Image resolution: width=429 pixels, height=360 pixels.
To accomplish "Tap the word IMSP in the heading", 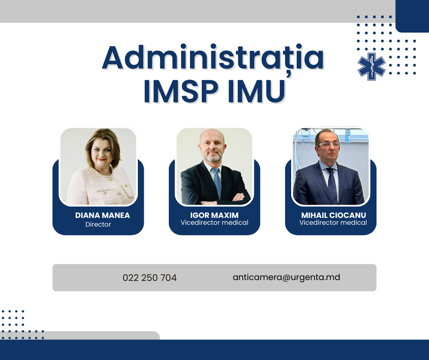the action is [x=181, y=91].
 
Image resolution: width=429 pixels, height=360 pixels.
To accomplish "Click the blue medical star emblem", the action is [x=371, y=67].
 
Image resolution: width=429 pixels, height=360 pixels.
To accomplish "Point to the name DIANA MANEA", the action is [x=102, y=215].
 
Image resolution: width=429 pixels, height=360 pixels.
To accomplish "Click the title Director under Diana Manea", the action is [x=98, y=224].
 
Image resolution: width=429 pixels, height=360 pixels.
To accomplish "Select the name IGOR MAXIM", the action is [x=214, y=215].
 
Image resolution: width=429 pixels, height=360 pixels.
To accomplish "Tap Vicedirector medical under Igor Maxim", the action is [x=214, y=222].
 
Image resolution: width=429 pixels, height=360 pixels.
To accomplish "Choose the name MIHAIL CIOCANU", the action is [x=334, y=215].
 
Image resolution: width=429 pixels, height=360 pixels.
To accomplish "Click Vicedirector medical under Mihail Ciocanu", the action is [x=333, y=222].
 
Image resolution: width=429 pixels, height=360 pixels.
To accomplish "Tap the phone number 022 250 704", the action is [x=150, y=277].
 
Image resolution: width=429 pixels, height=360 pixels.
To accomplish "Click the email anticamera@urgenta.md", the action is [x=287, y=277].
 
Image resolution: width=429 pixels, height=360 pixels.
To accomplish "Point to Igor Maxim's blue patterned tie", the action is [x=217, y=182].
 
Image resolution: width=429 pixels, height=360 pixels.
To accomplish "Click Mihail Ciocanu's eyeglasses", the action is [x=329, y=144].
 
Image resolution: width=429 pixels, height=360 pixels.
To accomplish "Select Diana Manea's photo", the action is [x=98, y=166].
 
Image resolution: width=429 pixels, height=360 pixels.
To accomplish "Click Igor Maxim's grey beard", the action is [x=213, y=156].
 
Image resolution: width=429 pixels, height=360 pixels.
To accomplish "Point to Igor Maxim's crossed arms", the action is [x=222, y=199].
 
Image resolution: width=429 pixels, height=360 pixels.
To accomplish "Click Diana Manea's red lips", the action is [x=101, y=159].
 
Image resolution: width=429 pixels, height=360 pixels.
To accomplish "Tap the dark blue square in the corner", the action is [x=412, y=16].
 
